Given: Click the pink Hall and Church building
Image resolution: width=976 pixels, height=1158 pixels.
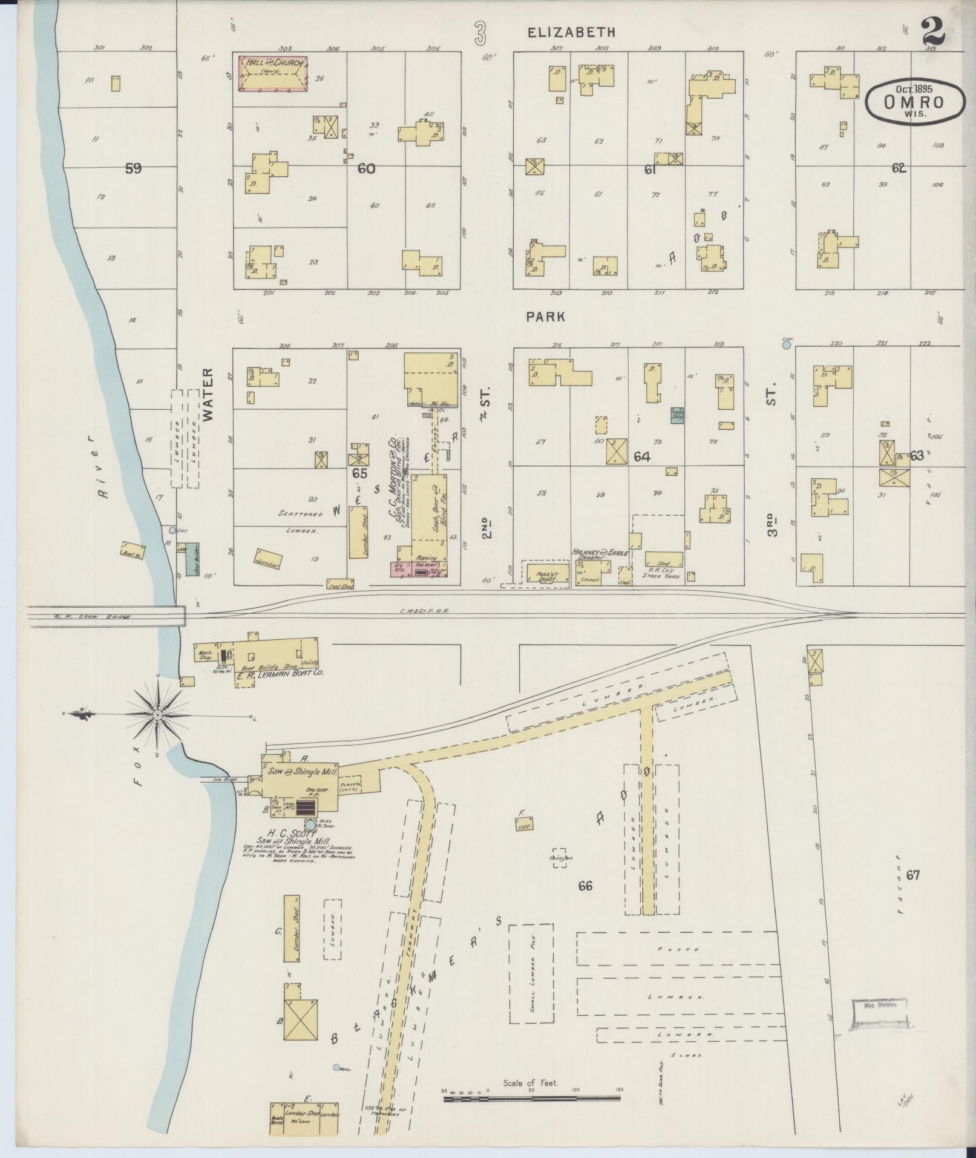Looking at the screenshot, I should [x=272, y=73].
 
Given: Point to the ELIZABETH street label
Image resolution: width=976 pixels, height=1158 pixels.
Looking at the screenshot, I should [x=571, y=33].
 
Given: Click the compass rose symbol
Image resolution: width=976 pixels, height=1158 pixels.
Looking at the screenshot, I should [x=157, y=715].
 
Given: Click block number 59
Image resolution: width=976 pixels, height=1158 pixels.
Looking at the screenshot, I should [x=133, y=169].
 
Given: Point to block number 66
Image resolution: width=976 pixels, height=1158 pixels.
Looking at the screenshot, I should [x=585, y=886].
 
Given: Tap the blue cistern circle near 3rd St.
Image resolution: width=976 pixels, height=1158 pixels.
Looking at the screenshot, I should [x=787, y=345].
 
